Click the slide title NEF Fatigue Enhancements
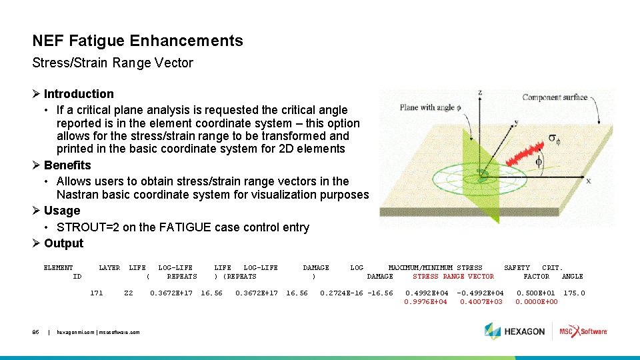tap(137, 41)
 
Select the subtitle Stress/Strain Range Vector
tap(113, 63)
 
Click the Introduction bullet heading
tap(79, 94)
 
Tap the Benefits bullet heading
tap(67, 165)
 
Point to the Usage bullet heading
tap(61, 211)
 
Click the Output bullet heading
tap(63, 243)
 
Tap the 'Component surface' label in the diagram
tap(555, 97)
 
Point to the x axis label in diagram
tap(588, 181)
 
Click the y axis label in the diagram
tap(515, 123)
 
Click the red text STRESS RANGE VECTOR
tap(453, 277)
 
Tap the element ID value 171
tap(97, 293)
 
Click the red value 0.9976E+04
tap(425, 302)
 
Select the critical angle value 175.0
tap(573, 293)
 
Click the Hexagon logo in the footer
tap(515, 331)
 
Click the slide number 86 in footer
tap(37, 331)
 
